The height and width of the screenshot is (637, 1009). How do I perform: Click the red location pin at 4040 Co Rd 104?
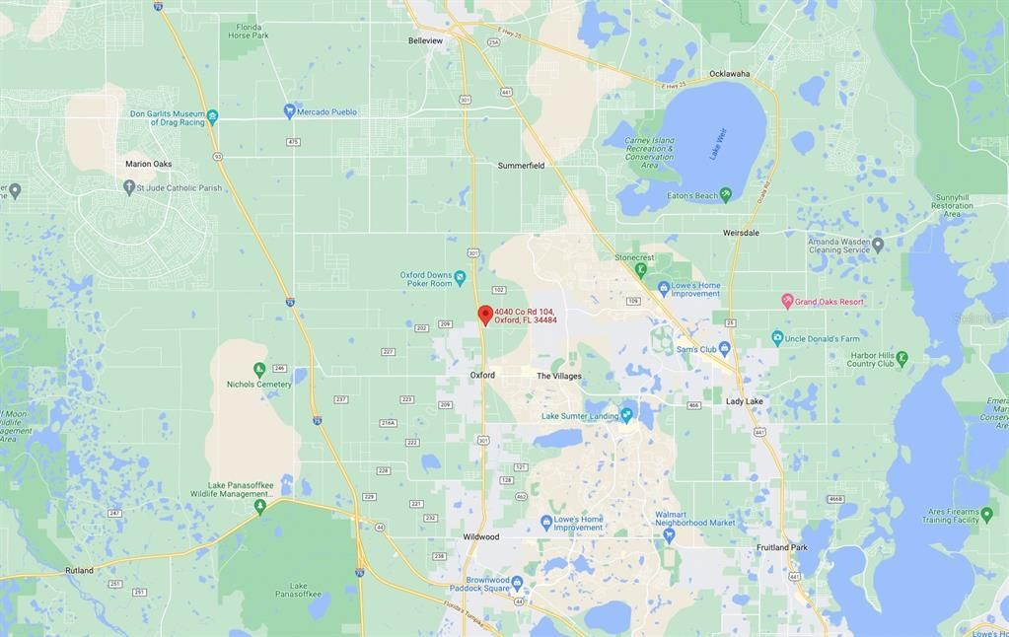pos(485,315)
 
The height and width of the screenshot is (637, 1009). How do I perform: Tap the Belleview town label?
pos(426,40)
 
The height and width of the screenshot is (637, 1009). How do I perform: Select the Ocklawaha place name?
pos(729,74)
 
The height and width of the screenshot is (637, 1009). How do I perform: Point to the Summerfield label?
pos(521,166)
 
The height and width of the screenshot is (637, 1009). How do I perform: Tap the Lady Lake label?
pos(745,401)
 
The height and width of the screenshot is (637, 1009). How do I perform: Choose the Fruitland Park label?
pos(781,547)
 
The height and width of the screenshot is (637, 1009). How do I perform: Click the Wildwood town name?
pos(481,537)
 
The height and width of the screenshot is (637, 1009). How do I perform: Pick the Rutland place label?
pos(79,571)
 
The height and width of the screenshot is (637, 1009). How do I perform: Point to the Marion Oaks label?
pos(148,164)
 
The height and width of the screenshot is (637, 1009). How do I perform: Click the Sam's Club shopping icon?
pos(725,348)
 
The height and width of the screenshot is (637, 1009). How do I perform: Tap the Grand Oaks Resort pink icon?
pos(787,301)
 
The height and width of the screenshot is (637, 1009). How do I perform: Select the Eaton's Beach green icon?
pos(726,195)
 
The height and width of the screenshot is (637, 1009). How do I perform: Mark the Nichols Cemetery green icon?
pos(259,370)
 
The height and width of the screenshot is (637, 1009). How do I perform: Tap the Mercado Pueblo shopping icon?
pos(289,111)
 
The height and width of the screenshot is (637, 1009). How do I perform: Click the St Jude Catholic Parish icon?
pos(128,186)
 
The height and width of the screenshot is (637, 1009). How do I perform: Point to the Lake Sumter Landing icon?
pos(626,415)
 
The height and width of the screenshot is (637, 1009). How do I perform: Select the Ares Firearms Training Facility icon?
pos(986,515)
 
